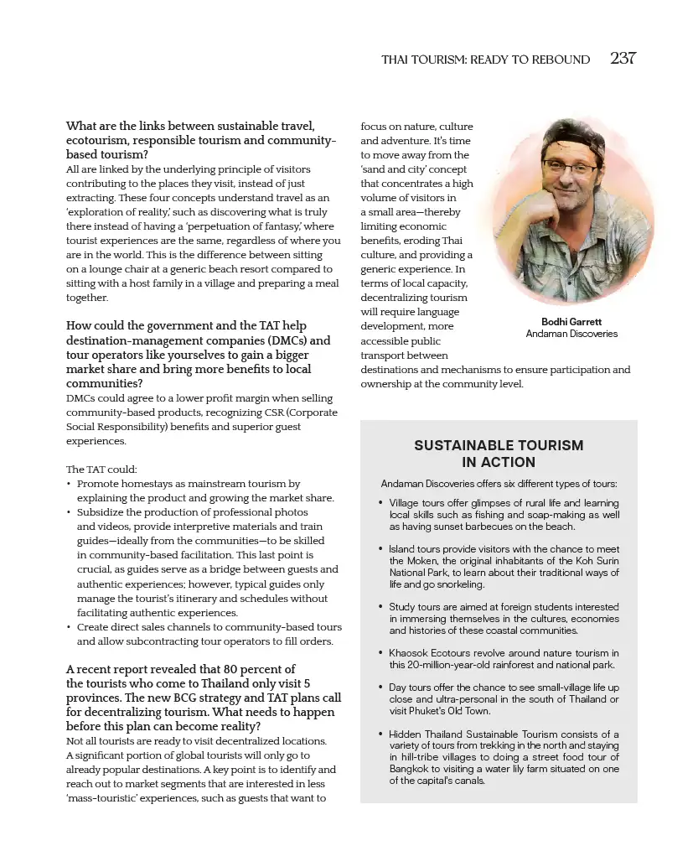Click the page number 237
[x=623, y=59]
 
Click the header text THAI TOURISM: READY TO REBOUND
[x=485, y=60]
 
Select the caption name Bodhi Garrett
[x=571, y=322]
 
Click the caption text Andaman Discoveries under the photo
[x=571, y=334]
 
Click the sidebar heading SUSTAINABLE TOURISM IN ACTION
[x=499, y=454]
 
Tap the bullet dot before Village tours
[x=381, y=504]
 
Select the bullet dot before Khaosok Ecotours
[x=381, y=653]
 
